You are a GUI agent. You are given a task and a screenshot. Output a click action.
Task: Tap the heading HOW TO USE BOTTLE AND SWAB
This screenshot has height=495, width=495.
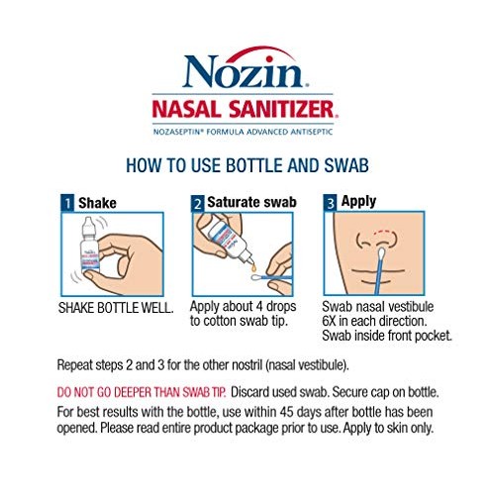click(x=247, y=165)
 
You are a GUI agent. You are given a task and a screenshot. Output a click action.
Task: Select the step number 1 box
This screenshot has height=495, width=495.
click(x=65, y=203)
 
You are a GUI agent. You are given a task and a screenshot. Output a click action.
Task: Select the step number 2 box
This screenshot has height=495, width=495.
click(x=198, y=203)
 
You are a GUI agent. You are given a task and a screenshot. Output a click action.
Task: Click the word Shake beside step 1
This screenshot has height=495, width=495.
click(x=97, y=203)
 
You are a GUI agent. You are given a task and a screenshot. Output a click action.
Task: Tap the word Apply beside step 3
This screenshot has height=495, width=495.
click(x=358, y=201)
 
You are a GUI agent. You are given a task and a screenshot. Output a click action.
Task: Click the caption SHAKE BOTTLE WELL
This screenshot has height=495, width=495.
click(x=119, y=309)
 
